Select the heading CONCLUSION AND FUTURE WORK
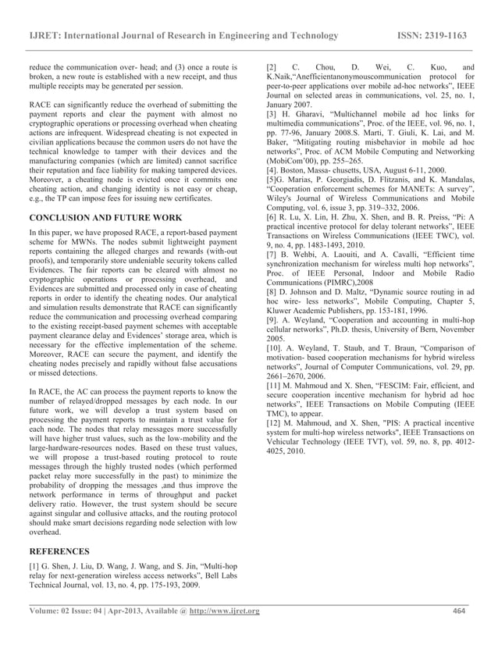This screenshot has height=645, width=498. pyautogui.click(x=105, y=195)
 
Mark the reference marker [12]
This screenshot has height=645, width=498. pyautogui.click(x=275, y=422)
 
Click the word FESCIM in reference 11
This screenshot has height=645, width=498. pyautogui.click(x=396, y=386)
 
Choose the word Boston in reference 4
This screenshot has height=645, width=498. pyautogui.click(x=298, y=169)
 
